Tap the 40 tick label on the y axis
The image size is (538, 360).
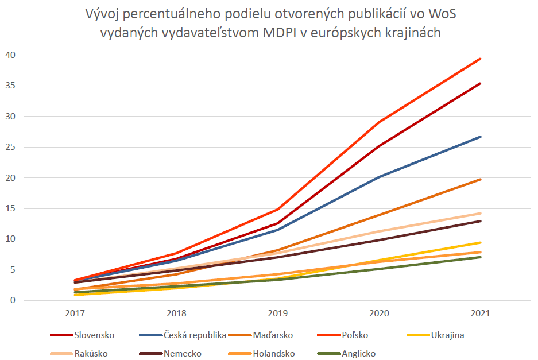coord(11,55)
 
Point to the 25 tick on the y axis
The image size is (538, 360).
coord(11,147)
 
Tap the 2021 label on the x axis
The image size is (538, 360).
coord(481,315)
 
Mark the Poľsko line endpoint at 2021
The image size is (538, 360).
coord(480,59)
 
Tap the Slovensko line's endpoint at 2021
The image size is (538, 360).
coord(480,83)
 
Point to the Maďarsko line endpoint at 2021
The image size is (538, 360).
coord(480,179)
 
